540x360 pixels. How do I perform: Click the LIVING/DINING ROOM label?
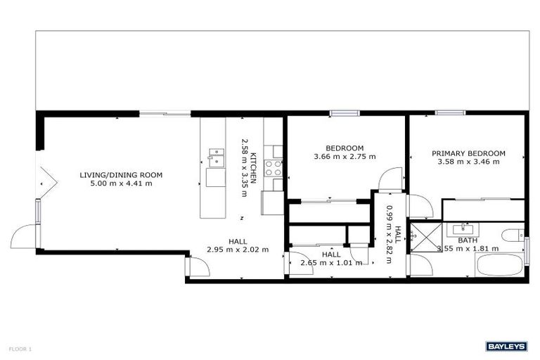tap(121, 174)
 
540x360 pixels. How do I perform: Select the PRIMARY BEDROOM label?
tap(468, 153)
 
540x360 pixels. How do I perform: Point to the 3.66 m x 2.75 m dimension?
tap(345, 156)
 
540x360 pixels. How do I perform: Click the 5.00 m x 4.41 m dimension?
tap(121, 183)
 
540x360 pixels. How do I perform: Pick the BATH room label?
tap(468, 240)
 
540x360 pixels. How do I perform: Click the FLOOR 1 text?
tap(20, 348)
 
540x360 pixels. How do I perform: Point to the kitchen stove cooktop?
tap(272, 167)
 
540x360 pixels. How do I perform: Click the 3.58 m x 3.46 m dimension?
tap(468, 162)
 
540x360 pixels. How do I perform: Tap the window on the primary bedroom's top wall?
tap(450, 112)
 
